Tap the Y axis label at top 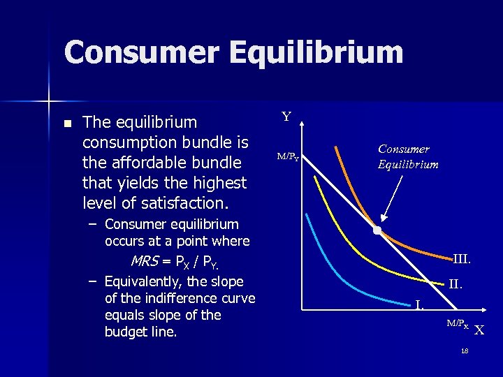[286, 117]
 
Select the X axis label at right [479, 330]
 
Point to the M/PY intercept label [288, 157]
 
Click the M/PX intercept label [458, 323]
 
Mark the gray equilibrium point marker [377, 230]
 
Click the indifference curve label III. [461, 259]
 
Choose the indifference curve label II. [455, 284]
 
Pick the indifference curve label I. [418, 304]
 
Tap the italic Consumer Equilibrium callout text [408, 156]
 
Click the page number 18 [465, 350]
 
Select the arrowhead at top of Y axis [301, 122]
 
